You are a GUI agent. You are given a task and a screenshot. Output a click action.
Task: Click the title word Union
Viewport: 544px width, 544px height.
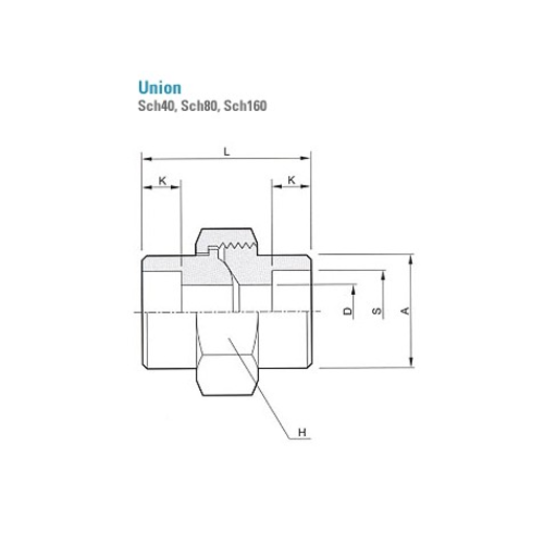point(159,88)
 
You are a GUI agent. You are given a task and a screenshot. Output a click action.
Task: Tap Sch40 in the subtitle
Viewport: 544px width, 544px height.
point(154,106)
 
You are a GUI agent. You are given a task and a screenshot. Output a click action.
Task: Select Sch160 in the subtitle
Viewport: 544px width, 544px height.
point(245,106)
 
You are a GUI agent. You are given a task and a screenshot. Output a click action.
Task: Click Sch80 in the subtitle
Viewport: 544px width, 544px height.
point(197,106)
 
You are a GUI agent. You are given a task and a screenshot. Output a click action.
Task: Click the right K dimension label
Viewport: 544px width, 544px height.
point(291,180)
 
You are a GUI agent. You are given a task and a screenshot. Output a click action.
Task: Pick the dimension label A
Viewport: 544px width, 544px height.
point(405,311)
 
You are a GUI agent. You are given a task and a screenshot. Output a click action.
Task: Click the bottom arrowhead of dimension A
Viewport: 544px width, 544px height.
point(412,363)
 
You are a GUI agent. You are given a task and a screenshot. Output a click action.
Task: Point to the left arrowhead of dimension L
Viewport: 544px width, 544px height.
point(145,159)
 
